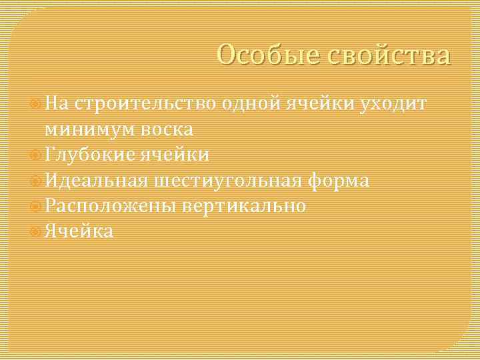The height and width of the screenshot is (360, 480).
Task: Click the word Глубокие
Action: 89,155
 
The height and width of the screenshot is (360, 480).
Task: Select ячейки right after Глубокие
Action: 175,155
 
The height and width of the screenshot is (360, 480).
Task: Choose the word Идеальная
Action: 95,180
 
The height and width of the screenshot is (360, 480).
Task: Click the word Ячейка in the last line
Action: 79,231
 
